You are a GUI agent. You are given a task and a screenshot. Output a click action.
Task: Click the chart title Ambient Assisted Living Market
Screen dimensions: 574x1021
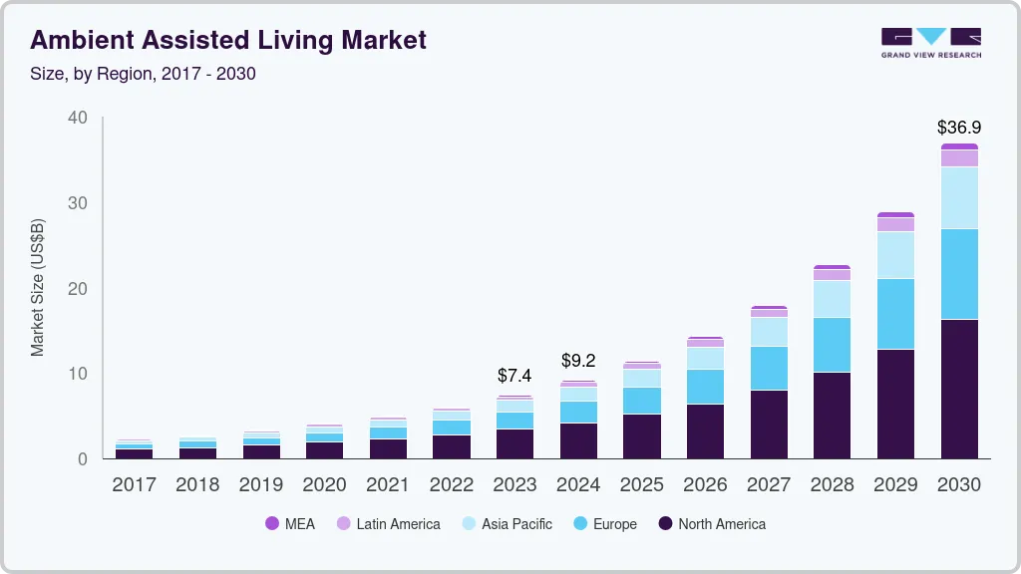point(228,40)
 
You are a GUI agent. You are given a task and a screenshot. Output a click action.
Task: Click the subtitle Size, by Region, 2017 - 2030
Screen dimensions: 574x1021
point(143,74)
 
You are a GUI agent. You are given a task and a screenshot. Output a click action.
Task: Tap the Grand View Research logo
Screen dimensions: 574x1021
point(930,43)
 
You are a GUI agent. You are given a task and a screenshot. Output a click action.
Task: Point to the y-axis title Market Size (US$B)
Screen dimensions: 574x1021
point(38,288)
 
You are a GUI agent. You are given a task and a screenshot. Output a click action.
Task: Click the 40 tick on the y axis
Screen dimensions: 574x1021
point(78,118)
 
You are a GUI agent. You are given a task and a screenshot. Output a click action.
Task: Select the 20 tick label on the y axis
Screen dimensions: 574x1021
point(78,289)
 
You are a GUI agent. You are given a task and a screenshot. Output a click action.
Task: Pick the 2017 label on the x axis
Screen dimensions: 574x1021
point(134,485)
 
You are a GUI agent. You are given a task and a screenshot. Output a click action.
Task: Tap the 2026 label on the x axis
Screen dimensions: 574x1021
point(705,485)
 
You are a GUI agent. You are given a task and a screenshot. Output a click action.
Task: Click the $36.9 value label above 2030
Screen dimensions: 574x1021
point(958,128)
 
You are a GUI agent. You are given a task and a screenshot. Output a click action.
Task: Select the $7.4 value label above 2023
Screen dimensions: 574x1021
point(514,376)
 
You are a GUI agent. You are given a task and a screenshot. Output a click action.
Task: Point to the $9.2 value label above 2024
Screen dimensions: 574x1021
point(578,360)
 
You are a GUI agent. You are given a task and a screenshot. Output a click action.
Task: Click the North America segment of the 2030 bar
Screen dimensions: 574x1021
point(958,389)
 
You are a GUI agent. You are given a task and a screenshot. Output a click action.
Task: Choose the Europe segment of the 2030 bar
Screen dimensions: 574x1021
point(958,274)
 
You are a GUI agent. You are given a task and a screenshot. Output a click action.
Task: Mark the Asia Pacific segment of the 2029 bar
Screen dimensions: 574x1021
point(895,255)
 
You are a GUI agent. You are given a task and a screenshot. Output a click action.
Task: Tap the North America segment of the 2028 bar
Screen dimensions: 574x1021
point(832,416)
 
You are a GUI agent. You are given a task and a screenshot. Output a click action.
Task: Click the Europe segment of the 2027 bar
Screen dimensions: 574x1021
point(769,368)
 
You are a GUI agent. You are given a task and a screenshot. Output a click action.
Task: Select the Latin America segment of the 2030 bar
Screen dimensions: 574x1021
point(958,158)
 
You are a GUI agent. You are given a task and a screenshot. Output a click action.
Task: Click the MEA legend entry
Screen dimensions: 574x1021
point(290,524)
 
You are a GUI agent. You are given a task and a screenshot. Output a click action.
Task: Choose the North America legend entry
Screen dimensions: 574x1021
point(712,524)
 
